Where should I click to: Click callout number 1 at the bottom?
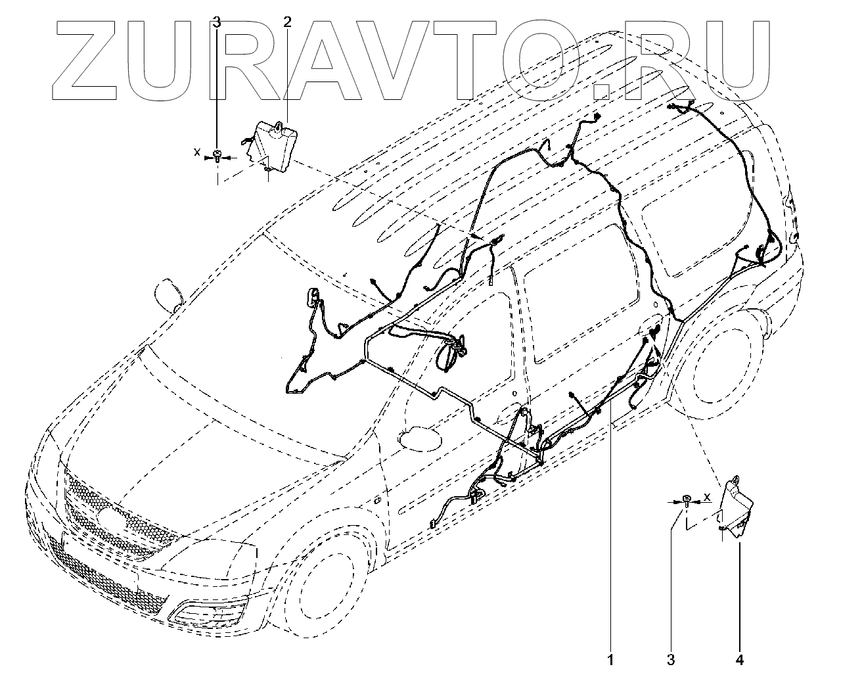[x=611, y=659]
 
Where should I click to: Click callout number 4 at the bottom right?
[x=740, y=659]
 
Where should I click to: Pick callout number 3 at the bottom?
[x=671, y=659]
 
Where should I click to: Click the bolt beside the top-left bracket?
[x=217, y=156]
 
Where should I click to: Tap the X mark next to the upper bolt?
[x=196, y=152]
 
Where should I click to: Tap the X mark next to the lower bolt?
[x=707, y=497]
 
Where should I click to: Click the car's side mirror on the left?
[x=169, y=296]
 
